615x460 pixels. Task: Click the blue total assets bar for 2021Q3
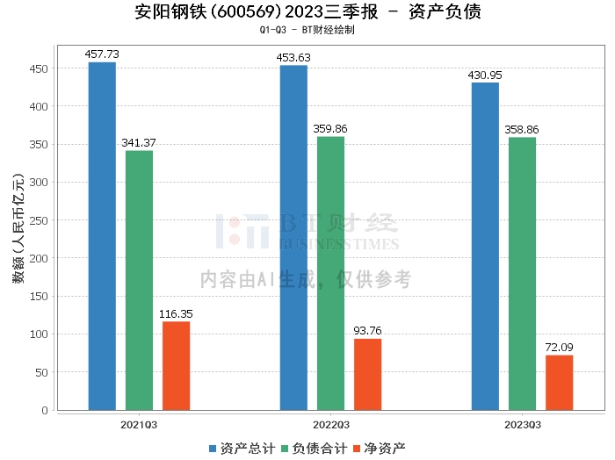pos(102,236)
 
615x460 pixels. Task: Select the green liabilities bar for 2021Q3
pos(139,280)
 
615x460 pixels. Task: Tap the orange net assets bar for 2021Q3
pos(176,366)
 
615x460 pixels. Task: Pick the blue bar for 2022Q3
pos(293,238)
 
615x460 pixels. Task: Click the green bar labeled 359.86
pos(330,273)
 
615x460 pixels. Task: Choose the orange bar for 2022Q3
pos(367,375)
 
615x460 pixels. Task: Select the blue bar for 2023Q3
pos(485,247)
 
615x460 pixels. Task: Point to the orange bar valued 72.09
pos(559,383)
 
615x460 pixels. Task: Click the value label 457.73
pos(102,54)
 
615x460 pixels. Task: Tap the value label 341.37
pos(139,143)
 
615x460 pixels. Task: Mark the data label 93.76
pos(367,331)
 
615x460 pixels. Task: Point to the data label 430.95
pos(485,75)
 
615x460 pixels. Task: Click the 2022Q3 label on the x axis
pos(330,424)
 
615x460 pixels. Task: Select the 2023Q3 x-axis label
pos(522,424)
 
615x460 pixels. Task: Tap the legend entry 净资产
pos(380,448)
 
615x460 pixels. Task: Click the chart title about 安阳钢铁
pos(307,12)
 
